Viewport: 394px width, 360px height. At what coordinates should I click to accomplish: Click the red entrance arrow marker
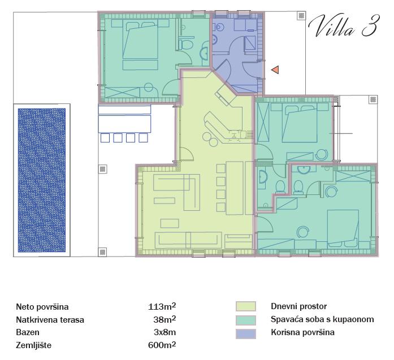point(275,70)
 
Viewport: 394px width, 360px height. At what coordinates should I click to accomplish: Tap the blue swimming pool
point(42,180)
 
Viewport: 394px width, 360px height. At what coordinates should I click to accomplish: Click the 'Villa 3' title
point(343,26)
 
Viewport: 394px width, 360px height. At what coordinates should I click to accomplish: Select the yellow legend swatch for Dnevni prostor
point(246,306)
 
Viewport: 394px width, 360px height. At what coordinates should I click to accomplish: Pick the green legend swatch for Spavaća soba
point(246,320)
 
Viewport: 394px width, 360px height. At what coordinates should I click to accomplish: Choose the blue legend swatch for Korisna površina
point(246,333)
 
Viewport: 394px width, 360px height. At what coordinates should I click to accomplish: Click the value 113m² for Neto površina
point(162,306)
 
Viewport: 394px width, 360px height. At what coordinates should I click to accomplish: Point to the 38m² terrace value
point(164,319)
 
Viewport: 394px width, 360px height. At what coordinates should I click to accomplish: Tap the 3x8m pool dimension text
point(165,332)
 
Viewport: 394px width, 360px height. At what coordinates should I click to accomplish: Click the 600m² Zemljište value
point(162,345)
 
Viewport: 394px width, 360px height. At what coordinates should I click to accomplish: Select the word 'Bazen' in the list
point(28,332)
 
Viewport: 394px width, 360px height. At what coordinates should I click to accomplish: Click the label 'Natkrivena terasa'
point(50,319)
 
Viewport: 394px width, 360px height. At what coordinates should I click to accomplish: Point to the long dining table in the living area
point(235,188)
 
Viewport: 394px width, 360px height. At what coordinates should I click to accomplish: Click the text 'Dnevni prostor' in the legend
point(299,306)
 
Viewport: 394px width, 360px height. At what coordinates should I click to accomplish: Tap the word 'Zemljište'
point(34,345)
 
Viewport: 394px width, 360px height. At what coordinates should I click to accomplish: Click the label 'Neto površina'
point(42,307)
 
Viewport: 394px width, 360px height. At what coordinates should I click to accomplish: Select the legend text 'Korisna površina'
point(302,332)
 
